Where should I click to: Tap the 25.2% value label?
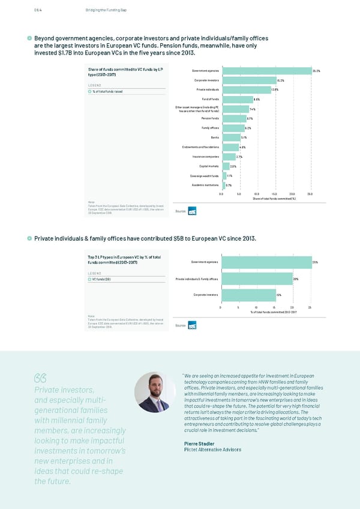click(316, 71)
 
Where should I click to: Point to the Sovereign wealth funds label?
click(205, 175)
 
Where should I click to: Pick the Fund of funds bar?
click(237, 99)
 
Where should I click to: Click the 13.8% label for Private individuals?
click(275, 89)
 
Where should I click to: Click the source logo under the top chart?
click(192, 211)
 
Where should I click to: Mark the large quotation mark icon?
click(41, 378)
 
